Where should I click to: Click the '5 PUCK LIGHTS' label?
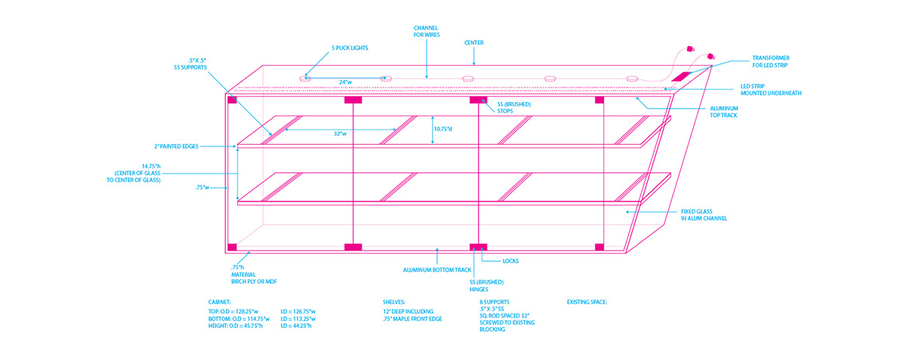click(350, 48)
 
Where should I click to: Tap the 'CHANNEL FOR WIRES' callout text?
click(427, 31)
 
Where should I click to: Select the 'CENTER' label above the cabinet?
click(473, 42)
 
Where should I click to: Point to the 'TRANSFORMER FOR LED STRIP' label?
click(771, 61)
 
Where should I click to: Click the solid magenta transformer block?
click(683, 76)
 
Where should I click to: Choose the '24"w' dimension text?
click(345, 82)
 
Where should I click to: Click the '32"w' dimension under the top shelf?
click(340, 134)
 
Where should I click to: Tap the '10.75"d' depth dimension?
click(443, 129)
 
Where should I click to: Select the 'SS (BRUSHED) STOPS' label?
click(513, 108)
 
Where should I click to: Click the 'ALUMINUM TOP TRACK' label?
click(724, 112)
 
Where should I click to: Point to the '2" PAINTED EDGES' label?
click(177, 146)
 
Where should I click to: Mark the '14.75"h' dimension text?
click(151, 166)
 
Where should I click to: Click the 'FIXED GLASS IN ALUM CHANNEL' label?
click(704, 215)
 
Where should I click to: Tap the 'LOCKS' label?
click(510, 261)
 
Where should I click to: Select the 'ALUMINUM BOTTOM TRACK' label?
click(437, 269)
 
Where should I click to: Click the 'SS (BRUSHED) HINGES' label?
click(486, 285)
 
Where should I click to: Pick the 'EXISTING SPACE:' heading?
click(587, 302)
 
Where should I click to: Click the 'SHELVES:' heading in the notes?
click(393, 302)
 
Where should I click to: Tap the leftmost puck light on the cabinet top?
click(305, 78)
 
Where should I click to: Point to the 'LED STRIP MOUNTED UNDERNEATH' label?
click(771, 90)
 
